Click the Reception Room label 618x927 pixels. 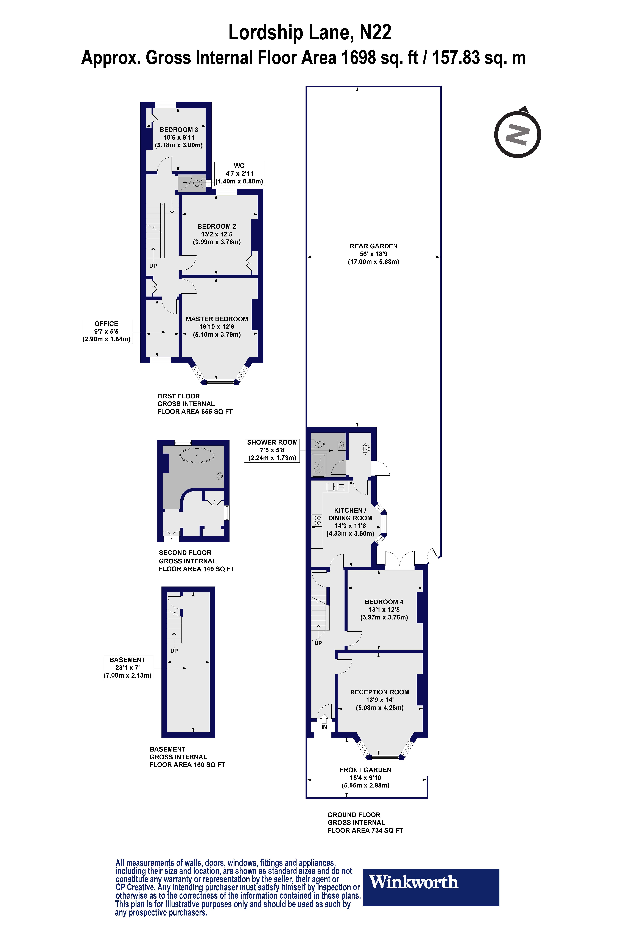click(x=380, y=700)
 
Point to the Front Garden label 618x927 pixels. click(x=365, y=777)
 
